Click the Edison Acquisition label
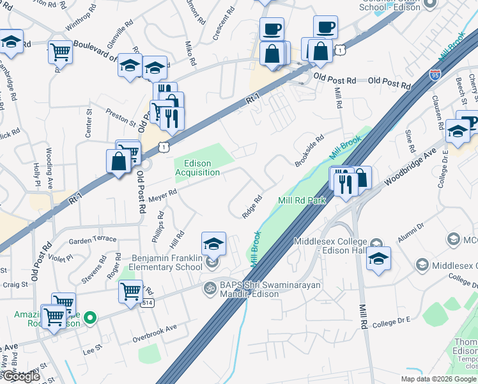click(x=198, y=168)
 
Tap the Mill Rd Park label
click(x=302, y=200)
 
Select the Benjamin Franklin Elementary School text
click(x=167, y=262)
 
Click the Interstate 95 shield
click(x=436, y=74)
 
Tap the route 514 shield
click(x=147, y=303)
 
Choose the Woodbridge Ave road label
click(x=410, y=170)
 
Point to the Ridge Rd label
click(x=252, y=207)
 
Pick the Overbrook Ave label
click(x=154, y=328)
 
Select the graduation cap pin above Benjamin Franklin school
click(x=213, y=243)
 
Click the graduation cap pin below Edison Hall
click(x=378, y=259)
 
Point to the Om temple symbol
click(x=208, y=287)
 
